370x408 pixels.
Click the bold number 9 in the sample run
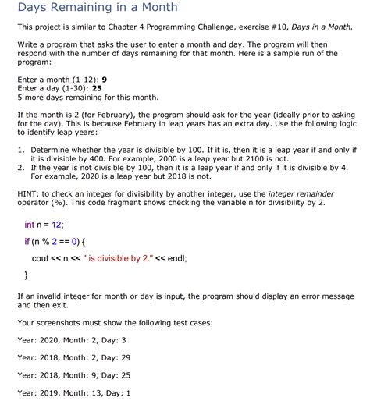pos(105,80)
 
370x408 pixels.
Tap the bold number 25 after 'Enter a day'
pos(97,88)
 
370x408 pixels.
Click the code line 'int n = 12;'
pos(45,225)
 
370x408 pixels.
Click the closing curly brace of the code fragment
pos(27,275)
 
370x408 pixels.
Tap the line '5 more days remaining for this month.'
pos(87,98)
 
